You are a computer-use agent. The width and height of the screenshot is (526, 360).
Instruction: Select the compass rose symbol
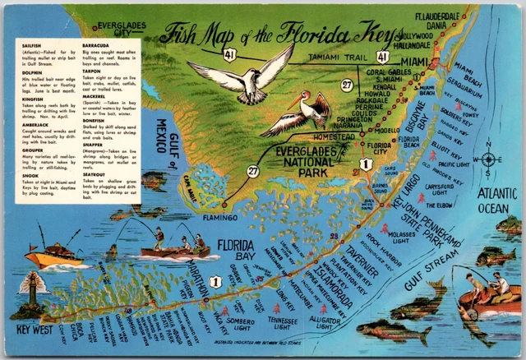[x=488, y=159]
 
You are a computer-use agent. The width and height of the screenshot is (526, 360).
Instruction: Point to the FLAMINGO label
[x=217, y=218]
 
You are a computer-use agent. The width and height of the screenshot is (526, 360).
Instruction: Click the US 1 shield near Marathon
[x=215, y=282]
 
